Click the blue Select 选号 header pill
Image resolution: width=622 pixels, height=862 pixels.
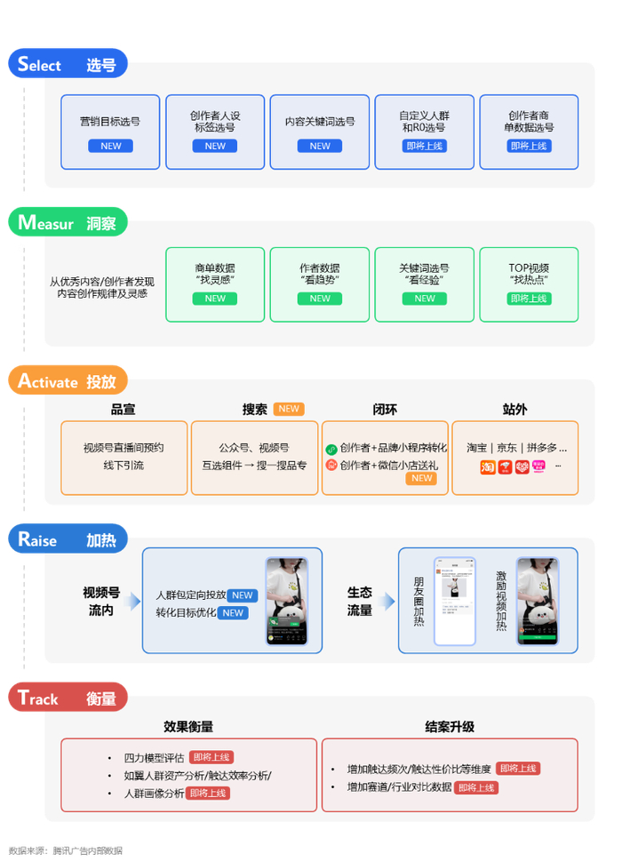point(68,64)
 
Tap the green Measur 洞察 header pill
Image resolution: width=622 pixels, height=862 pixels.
point(68,223)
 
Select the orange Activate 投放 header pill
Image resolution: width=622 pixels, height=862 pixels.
point(68,381)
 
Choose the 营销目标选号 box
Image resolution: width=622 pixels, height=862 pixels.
point(110,132)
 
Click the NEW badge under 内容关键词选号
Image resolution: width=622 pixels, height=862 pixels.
point(320,146)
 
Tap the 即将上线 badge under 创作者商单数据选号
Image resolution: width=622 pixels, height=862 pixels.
point(530,146)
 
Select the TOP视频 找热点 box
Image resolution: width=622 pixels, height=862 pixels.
point(529,284)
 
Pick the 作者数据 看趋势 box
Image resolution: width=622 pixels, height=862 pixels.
point(319,284)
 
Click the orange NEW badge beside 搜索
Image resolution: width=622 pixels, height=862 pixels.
point(289,409)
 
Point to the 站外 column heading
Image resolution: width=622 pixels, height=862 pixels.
point(514,410)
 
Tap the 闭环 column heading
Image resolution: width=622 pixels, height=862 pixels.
point(385,410)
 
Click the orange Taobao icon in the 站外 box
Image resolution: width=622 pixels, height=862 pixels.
point(488,466)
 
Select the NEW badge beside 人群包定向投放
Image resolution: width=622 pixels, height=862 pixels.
point(243,595)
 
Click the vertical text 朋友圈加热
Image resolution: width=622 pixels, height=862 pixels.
point(419,601)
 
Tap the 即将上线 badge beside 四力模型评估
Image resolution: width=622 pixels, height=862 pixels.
point(211,757)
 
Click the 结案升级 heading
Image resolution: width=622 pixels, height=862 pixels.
point(450,726)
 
